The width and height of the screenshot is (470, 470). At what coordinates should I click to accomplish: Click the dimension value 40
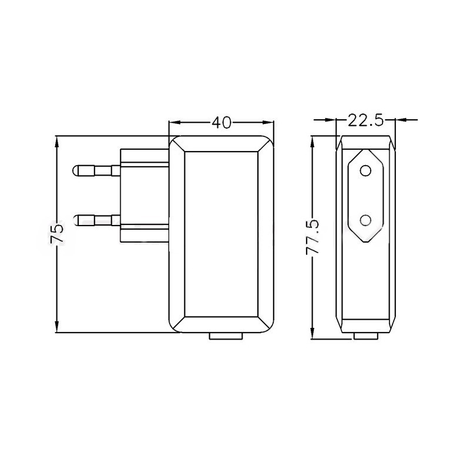point(221,122)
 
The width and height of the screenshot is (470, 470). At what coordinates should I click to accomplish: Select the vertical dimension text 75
point(57,234)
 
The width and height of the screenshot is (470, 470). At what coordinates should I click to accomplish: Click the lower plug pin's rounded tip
point(76,220)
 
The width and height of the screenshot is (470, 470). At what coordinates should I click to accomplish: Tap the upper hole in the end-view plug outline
point(365,170)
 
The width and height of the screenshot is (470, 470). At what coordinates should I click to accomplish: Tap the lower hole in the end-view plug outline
point(365,220)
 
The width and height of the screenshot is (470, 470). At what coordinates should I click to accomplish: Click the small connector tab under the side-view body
point(226,336)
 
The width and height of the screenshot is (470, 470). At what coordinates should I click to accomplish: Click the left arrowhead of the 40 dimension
point(174,122)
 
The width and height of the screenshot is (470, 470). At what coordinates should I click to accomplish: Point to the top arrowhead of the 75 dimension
point(57,140)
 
